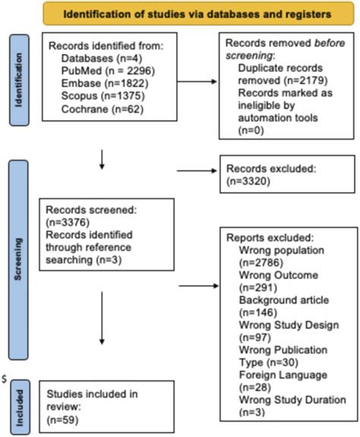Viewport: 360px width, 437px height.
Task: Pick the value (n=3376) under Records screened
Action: (x=68, y=222)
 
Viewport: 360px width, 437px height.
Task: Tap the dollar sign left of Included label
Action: (x=5, y=376)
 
